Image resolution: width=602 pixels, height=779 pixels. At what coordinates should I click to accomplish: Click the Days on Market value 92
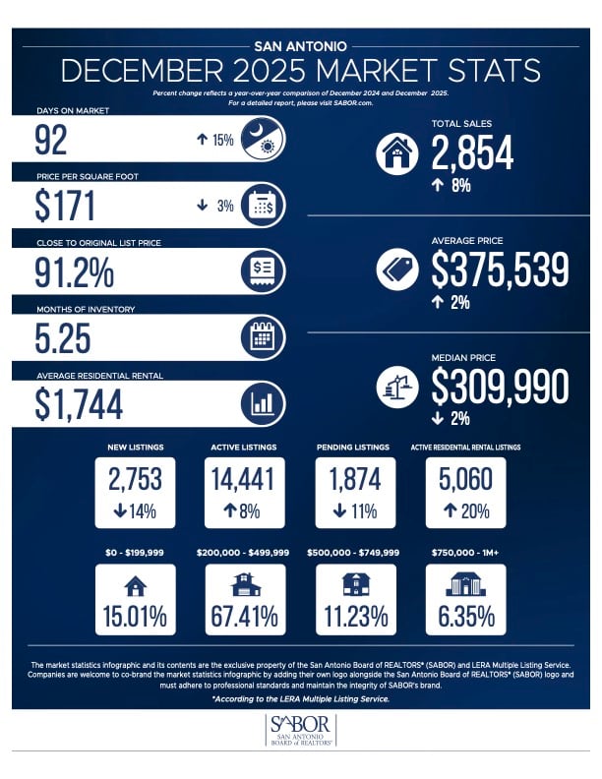click(51, 140)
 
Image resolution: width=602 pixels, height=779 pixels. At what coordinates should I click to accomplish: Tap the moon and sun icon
click(263, 140)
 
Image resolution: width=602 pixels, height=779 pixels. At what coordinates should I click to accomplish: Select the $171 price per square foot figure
click(65, 206)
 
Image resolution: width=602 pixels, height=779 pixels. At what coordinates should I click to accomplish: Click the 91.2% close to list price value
click(74, 270)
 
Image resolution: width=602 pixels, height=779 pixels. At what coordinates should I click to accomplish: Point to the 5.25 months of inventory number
click(62, 338)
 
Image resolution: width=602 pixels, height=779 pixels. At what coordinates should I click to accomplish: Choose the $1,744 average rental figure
click(79, 403)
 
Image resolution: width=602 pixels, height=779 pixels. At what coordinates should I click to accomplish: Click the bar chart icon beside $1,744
click(263, 403)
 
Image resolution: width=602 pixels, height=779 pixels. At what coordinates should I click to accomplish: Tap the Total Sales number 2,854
click(472, 152)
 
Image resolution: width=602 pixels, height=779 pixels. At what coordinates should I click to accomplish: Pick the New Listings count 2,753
click(136, 479)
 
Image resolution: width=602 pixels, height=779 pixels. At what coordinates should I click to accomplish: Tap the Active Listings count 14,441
click(243, 479)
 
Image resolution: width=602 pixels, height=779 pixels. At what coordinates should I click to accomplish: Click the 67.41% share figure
click(243, 618)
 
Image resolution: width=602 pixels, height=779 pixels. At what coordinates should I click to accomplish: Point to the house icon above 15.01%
click(136, 586)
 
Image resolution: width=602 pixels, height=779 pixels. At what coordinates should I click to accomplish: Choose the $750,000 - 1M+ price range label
click(463, 554)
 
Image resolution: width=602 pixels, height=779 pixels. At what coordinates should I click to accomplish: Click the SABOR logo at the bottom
click(300, 731)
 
